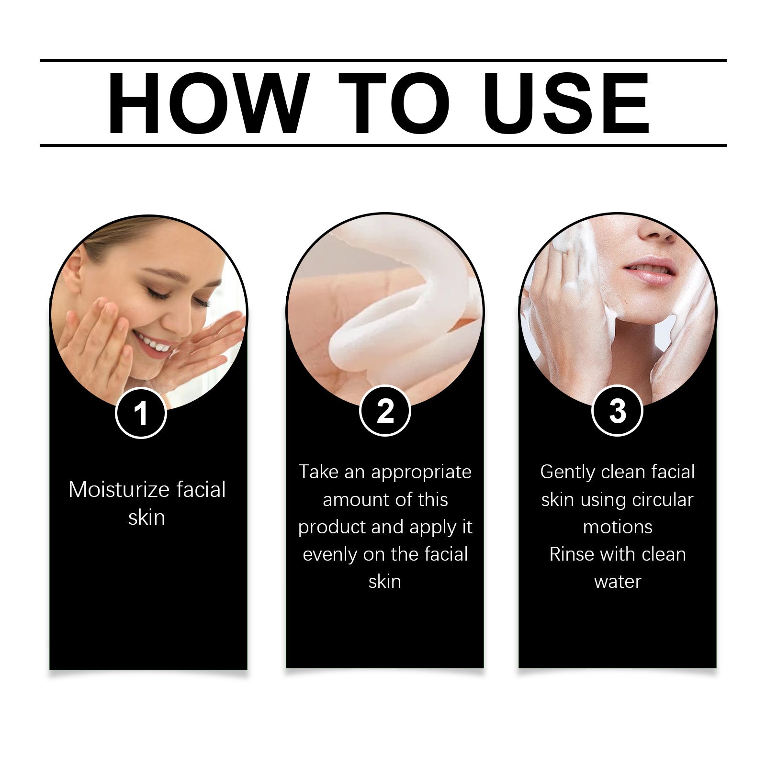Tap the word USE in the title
[x=567, y=103]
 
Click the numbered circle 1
[x=141, y=413]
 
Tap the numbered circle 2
[x=385, y=411]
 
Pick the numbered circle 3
[x=617, y=411]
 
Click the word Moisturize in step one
[x=119, y=490]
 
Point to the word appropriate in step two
[x=421, y=473]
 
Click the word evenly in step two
[x=330, y=554]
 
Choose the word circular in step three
[x=663, y=500]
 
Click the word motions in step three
[x=618, y=527]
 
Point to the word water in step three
[x=618, y=582]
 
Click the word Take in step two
[x=318, y=472]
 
